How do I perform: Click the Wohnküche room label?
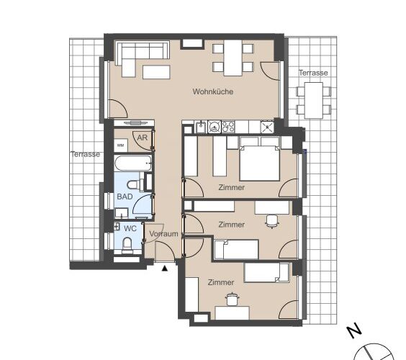213,91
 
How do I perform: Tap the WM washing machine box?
121,145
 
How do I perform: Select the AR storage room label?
142,138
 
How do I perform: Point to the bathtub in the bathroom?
133,163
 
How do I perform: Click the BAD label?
125,197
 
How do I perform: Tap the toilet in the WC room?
127,244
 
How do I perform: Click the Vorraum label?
163,234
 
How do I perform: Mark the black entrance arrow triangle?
165,269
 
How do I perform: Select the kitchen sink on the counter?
201,127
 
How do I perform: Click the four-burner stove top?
228,127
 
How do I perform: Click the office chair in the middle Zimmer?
272,222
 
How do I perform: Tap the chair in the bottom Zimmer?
232,299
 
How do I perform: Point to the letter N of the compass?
353,330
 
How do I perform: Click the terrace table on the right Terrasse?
314,100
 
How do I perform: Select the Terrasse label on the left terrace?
86,154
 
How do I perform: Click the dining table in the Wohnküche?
233,58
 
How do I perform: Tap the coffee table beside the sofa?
156,72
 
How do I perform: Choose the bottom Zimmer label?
221,282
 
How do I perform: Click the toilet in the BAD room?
134,184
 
